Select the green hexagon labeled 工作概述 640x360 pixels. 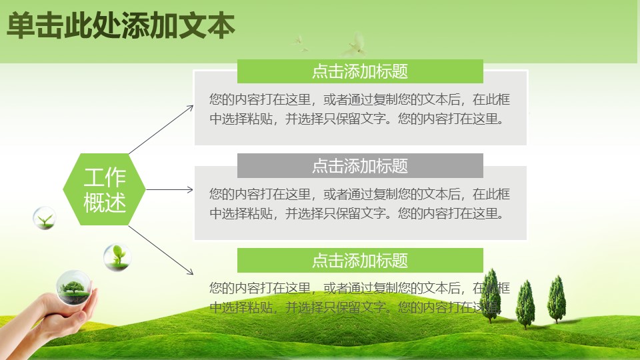coord(105,189)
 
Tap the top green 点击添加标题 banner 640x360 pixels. coord(360,71)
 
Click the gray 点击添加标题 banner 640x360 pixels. coord(360,165)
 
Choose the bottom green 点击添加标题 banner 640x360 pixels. coord(360,260)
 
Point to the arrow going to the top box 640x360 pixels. coord(160,130)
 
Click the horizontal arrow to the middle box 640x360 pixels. coord(170,190)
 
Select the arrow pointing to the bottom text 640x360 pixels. coord(161,250)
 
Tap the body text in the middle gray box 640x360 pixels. coord(360,204)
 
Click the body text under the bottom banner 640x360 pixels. coord(360,298)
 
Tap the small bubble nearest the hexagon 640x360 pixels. coord(45,218)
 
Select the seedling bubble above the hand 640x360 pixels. coord(117,257)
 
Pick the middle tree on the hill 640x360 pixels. coord(525,303)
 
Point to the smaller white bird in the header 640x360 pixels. coord(299,44)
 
